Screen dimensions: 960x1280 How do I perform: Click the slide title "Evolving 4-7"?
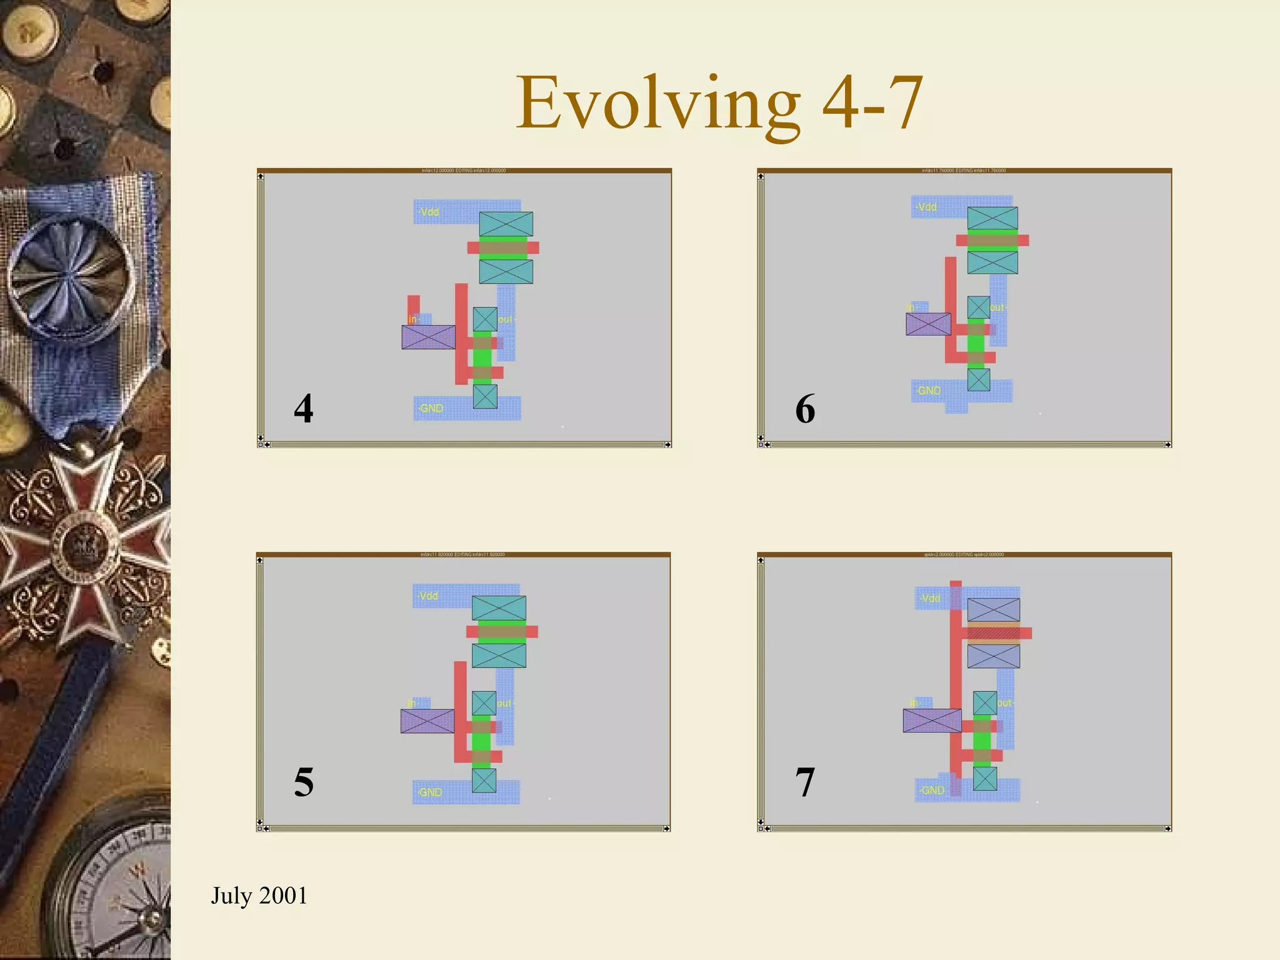click(x=719, y=103)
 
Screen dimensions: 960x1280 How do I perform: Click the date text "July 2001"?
click(x=259, y=895)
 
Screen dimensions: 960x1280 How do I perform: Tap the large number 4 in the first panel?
click(x=304, y=409)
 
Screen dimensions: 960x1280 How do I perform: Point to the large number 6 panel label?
click(x=805, y=409)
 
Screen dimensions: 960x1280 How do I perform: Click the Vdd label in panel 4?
click(x=429, y=212)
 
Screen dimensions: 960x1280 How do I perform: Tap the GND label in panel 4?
click(x=431, y=408)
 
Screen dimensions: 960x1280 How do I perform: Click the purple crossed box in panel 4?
click(x=429, y=337)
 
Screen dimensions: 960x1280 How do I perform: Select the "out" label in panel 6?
click(x=996, y=307)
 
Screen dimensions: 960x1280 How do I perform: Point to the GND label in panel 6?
click(x=929, y=391)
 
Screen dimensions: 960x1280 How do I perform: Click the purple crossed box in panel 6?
click(x=928, y=324)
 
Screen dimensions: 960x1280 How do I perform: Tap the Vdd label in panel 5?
click(x=428, y=596)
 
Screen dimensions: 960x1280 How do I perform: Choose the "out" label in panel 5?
click(x=504, y=703)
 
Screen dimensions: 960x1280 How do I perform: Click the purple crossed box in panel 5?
click(x=427, y=721)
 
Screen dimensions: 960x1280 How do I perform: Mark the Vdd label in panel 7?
click(x=931, y=598)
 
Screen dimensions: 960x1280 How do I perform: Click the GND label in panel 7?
click(x=932, y=790)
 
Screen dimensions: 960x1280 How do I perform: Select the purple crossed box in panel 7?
click(x=932, y=720)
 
